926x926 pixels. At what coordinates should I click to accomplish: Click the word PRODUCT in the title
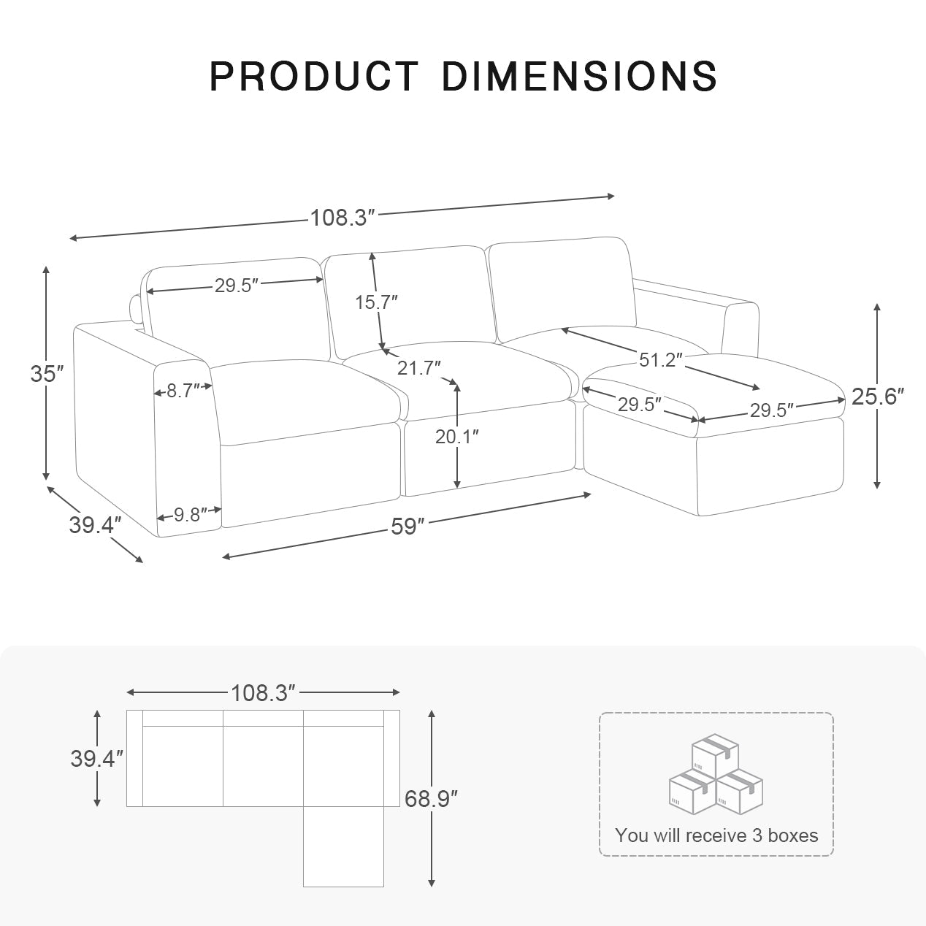coord(314,76)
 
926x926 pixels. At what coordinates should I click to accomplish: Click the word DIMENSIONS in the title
coord(579,76)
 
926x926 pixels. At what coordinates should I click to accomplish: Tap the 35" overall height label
coord(47,374)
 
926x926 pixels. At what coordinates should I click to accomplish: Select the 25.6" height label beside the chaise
coord(878,397)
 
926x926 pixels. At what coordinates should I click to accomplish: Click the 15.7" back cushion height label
coord(376,302)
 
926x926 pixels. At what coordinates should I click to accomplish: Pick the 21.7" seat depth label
coord(418,367)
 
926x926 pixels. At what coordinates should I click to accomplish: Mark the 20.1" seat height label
coord(457,436)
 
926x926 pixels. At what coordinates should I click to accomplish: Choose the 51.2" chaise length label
coord(661,359)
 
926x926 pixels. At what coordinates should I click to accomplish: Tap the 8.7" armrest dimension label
coord(183,391)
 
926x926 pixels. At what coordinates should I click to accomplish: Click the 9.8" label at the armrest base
coord(188,515)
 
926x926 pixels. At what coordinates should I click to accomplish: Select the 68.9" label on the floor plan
coord(432,798)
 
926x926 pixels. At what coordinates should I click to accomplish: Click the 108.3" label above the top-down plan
coord(263,692)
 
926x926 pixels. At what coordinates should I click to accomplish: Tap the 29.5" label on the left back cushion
coord(237,286)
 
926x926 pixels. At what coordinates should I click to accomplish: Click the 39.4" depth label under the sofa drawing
coord(95,524)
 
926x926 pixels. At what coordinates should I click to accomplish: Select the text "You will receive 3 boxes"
coord(716,835)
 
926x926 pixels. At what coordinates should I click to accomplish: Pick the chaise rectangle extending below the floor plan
coord(343,847)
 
